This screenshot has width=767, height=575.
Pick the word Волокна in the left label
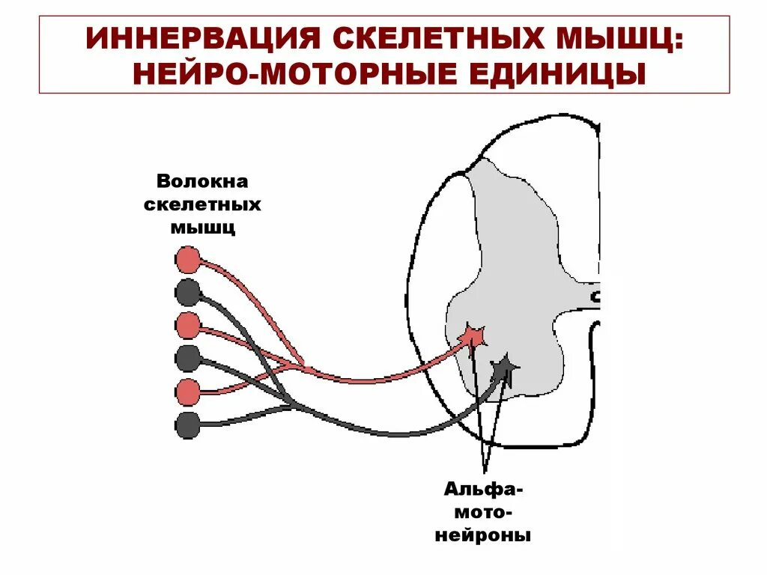pos(201,182)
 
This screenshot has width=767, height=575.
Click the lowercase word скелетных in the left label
pos(201,204)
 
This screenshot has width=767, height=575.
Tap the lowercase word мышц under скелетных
pos(202,228)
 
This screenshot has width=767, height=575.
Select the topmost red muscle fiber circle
pos(187,260)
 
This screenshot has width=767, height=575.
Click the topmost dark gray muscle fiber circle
pos(187,292)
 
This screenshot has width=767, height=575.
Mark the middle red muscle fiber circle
pos(187,326)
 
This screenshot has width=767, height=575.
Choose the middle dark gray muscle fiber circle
pos(187,358)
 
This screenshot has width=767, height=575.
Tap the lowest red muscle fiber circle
pos(187,391)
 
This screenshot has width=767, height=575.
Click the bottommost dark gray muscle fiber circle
pos(187,425)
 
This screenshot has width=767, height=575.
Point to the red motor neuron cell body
pos(474,335)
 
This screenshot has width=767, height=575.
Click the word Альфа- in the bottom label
pos(483,490)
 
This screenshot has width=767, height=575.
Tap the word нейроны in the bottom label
pos(483,536)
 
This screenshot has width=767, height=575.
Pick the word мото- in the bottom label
pos(483,514)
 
